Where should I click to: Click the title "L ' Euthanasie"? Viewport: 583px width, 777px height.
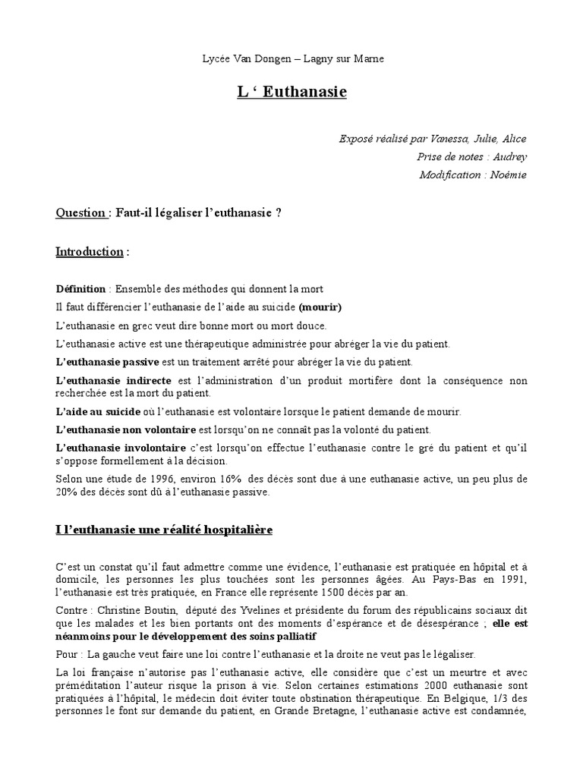291,92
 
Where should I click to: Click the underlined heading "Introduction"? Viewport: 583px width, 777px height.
90,251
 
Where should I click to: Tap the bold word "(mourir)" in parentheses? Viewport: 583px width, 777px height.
320,307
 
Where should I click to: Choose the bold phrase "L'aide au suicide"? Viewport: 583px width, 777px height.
93,412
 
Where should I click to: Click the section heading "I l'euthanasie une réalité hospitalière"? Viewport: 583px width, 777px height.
164,530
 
